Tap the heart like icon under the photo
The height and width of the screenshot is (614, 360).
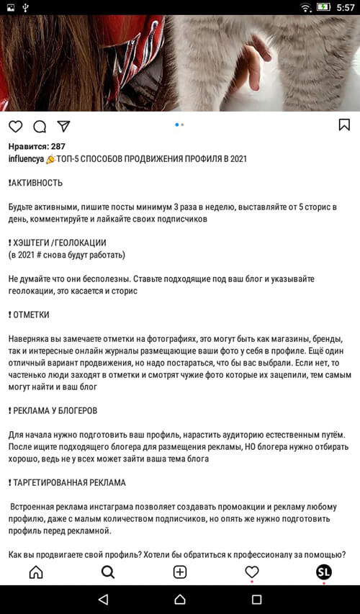point(15,126)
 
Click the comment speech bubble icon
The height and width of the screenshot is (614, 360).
point(40,126)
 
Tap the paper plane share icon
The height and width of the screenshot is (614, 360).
point(63,126)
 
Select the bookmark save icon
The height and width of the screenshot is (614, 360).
point(344,125)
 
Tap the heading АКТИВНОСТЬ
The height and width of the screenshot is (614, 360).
point(37,183)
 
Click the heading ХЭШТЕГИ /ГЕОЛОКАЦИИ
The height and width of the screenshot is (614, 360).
point(59,243)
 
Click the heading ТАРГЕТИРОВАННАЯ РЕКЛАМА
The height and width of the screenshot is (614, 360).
point(69,482)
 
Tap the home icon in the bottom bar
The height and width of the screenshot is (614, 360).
point(35,572)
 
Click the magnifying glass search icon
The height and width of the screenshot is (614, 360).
point(108,572)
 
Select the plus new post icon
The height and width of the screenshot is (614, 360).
point(180,572)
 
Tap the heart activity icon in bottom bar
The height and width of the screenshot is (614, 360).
point(252,572)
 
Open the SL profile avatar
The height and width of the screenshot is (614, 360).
point(324,572)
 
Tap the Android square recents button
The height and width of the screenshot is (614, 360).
point(256,599)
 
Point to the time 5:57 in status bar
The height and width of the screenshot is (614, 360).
point(346,7)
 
